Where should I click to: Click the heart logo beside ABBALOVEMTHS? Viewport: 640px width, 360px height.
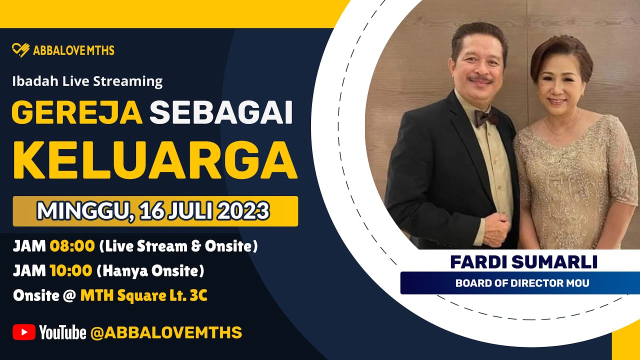(x=21, y=50)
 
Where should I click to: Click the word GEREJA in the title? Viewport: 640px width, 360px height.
(x=77, y=113)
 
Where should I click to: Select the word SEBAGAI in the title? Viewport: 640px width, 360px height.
(x=221, y=113)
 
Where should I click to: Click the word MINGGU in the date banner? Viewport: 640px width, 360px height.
(x=81, y=211)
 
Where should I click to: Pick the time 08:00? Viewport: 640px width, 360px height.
(x=72, y=246)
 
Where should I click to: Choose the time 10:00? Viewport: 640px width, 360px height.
(x=70, y=271)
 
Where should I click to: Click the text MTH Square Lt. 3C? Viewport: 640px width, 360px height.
(x=144, y=296)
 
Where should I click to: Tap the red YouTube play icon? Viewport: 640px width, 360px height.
(x=24, y=332)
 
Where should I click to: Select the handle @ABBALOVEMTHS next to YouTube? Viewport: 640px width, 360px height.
(x=166, y=332)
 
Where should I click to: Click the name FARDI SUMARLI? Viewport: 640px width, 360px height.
(x=523, y=261)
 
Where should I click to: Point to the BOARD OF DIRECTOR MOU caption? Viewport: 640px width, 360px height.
(x=522, y=283)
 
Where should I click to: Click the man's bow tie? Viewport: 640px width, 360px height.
(x=486, y=118)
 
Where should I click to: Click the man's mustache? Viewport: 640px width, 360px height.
(x=480, y=80)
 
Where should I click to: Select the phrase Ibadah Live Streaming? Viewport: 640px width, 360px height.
(x=87, y=81)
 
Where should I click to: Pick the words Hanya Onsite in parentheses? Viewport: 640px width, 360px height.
(x=150, y=271)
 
